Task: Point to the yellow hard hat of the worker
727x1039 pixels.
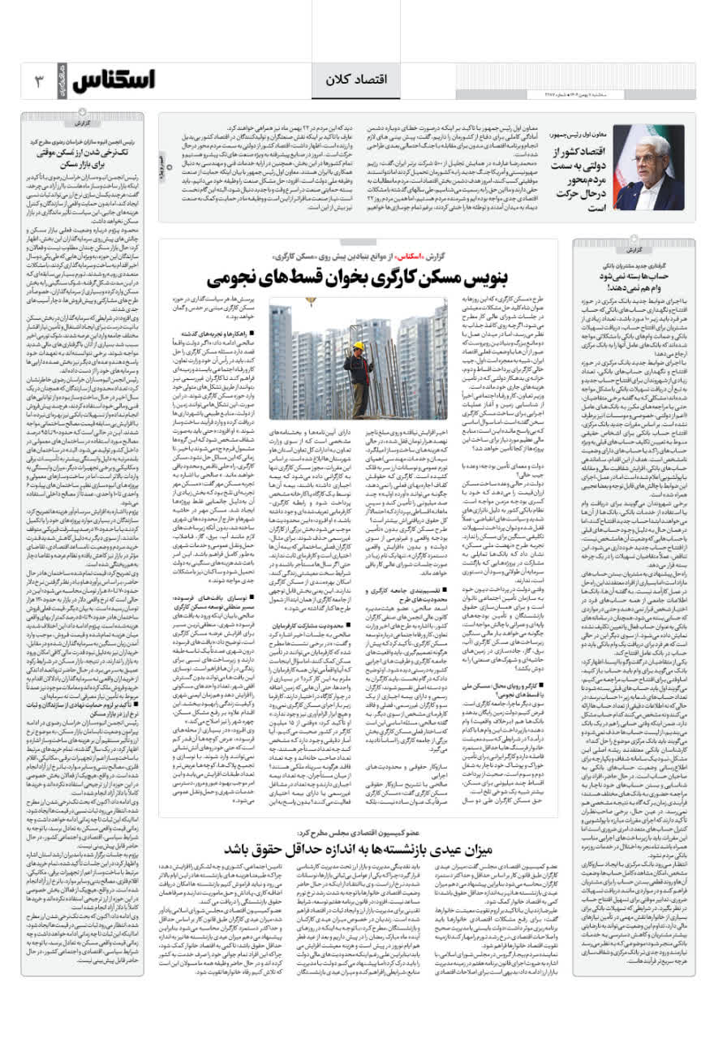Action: pyautogui.click(x=358, y=346)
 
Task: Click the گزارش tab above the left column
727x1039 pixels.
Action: pyautogui.click(x=80, y=123)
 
